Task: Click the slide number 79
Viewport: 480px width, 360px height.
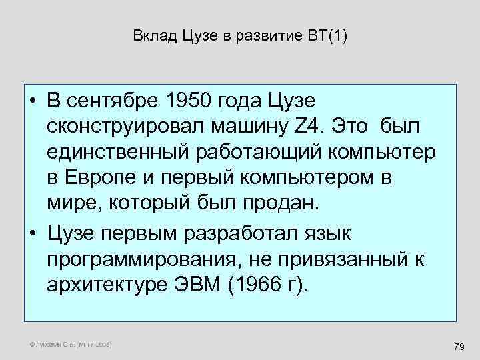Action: [458, 347]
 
